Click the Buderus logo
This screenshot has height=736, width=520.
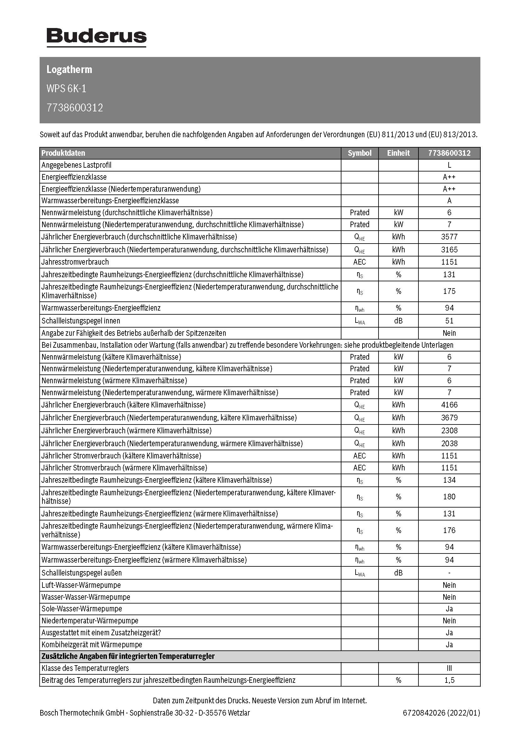coord(97,37)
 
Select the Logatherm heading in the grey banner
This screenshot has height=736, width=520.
coord(69,70)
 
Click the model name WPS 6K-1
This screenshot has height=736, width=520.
coord(66,88)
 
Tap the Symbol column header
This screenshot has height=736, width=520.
coord(359,153)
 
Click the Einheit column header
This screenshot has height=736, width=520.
coord(398,153)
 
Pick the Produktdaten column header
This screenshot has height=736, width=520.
coord(64,153)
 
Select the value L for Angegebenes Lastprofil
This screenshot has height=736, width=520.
coord(449,165)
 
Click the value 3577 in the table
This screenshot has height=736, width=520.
coord(449,237)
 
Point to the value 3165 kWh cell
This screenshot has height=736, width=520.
coord(449,250)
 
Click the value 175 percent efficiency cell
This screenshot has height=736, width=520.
coord(449,291)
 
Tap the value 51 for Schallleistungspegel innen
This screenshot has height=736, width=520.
coord(449,321)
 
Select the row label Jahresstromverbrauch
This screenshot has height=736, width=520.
coord(75,262)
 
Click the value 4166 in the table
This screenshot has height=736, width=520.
coord(449,405)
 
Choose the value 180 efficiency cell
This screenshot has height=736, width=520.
coord(449,497)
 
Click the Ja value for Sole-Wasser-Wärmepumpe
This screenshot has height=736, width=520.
coord(449,609)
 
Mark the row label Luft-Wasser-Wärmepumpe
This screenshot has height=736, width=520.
coord(81,585)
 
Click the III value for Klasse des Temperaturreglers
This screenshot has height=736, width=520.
coord(449,668)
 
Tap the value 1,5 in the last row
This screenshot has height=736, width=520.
coord(449,680)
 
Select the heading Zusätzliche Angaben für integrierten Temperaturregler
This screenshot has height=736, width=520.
coord(128,656)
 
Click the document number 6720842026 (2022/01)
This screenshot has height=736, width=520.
coord(441,713)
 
